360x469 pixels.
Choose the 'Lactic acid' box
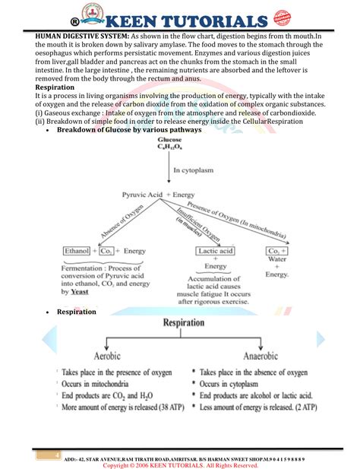[x=216, y=250]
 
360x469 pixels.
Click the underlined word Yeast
[x=80, y=291]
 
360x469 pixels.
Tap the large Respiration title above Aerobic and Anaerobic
[x=194, y=323]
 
